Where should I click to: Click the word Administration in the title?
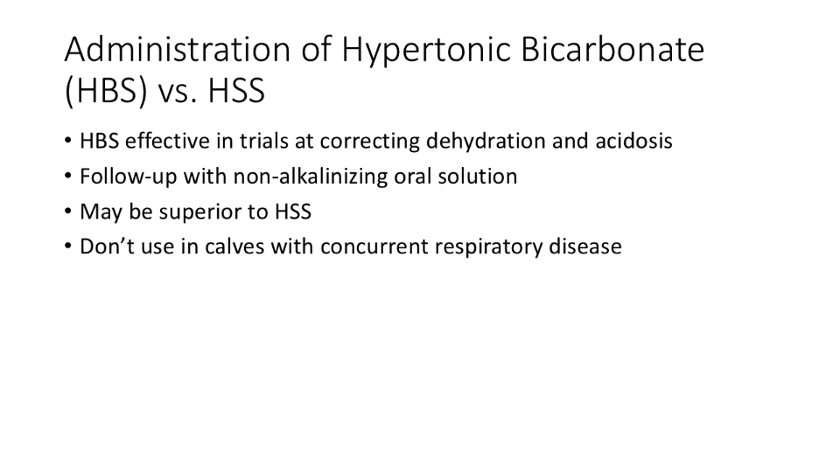[178, 49]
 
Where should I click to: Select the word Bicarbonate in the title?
[612, 49]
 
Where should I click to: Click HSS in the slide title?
[236, 90]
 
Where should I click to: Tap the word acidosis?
[633, 141]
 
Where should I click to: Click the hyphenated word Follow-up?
[129, 177]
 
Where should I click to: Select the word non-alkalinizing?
[310, 177]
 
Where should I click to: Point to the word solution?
[478, 176]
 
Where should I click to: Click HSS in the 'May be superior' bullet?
[293, 212]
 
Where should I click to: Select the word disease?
[585, 246]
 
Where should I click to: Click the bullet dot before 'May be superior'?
[67, 211]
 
